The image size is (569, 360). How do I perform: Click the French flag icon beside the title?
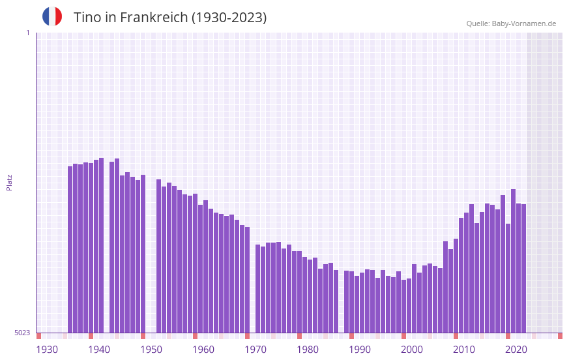coord(52,17)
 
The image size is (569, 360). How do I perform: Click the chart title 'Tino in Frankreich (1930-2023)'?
coord(170,18)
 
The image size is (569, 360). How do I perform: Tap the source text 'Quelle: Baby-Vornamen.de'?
coord(511,23)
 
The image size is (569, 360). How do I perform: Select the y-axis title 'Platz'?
coord(9,182)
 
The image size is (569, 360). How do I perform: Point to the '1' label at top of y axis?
coord(27,33)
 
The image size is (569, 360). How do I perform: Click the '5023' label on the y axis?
coord(22,333)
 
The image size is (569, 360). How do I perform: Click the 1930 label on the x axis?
coord(47,350)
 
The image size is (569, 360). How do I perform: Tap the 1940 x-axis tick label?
coord(99,350)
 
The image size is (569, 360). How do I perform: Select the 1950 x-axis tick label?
coord(151,350)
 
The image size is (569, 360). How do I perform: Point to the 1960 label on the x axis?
coord(203,350)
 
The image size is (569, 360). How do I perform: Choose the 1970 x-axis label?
coord(255,350)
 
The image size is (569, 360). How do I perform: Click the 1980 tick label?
coord(308,350)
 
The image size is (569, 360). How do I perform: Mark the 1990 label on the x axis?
coord(360,350)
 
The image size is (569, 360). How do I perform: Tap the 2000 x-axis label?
coord(412,350)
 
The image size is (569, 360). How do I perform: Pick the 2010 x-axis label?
coord(464,350)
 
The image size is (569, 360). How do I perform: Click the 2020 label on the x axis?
coord(516,350)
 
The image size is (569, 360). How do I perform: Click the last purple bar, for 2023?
coord(523,268)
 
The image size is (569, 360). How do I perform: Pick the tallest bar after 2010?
coord(513,261)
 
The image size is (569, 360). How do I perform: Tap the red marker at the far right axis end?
coord(560,336)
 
